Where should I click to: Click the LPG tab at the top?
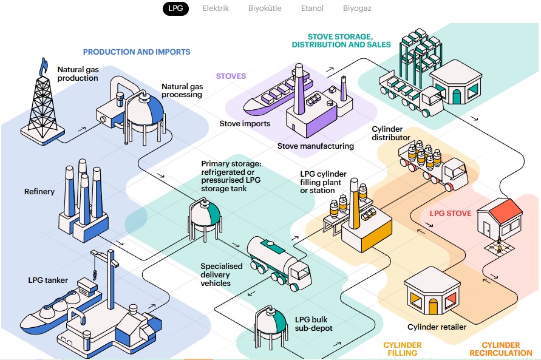tap(176, 8)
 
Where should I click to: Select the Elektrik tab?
tap(216, 8)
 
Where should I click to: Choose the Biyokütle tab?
tap(265, 8)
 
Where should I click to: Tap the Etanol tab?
tap(312, 8)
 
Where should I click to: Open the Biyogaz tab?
tap(357, 8)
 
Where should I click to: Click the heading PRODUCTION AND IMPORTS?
tap(137, 52)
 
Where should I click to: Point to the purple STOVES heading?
tap(231, 76)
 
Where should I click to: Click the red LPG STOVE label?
tap(451, 214)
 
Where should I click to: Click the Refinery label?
tap(39, 192)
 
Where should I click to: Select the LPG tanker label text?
tap(48, 280)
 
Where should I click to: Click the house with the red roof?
tap(499, 217)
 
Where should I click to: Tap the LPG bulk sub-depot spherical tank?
tap(271, 323)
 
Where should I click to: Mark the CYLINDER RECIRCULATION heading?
tap(501, 349)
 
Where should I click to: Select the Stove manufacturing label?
tap(315, 146)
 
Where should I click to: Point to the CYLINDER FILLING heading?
tap(402, 349)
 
